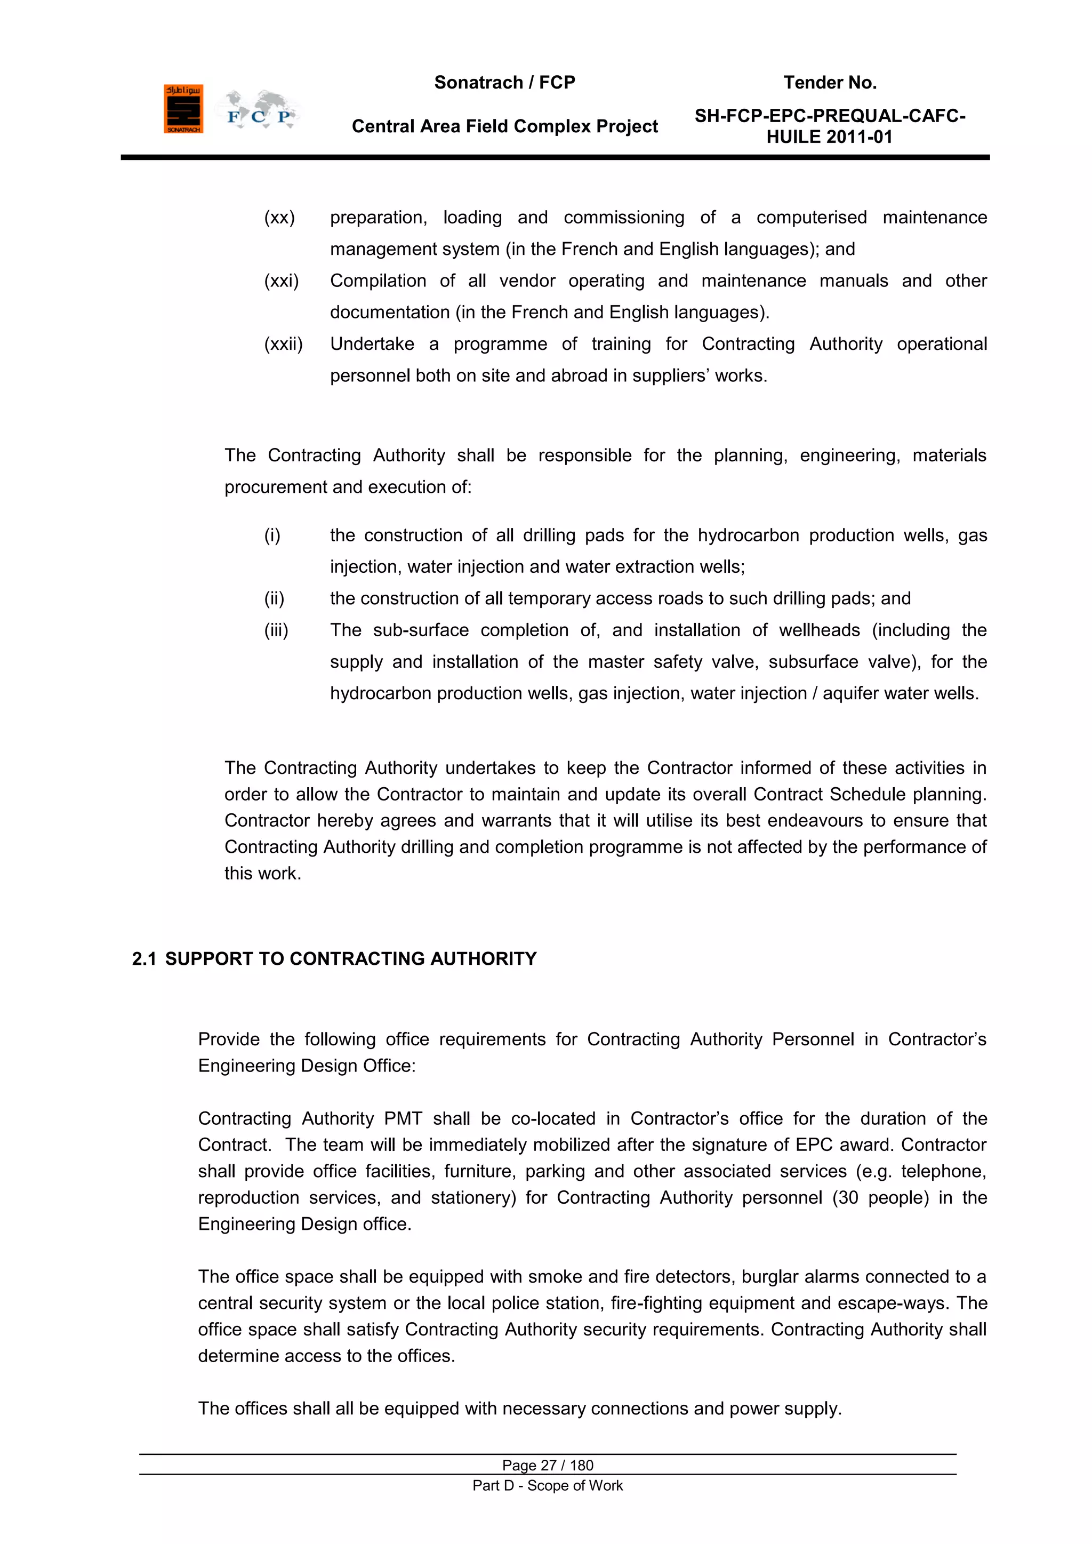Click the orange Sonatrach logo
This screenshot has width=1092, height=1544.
click(183, 109)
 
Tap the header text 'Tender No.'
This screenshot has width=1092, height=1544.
click(830, 83)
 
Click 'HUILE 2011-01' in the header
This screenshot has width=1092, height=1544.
click(829, 137)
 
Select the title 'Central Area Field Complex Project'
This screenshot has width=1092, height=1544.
click(504, 126)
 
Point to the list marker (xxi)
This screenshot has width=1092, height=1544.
click(281, 281)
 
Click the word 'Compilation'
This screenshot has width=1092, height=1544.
click(378, 281)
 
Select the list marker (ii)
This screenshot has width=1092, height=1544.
click(274, 599)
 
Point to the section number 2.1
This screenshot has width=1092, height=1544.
click(144, 959)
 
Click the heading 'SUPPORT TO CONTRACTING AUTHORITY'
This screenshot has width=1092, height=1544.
click(350, 959)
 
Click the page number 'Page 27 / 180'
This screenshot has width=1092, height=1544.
click(548, 1465)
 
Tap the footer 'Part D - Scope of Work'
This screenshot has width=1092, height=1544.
click(548, 1485)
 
